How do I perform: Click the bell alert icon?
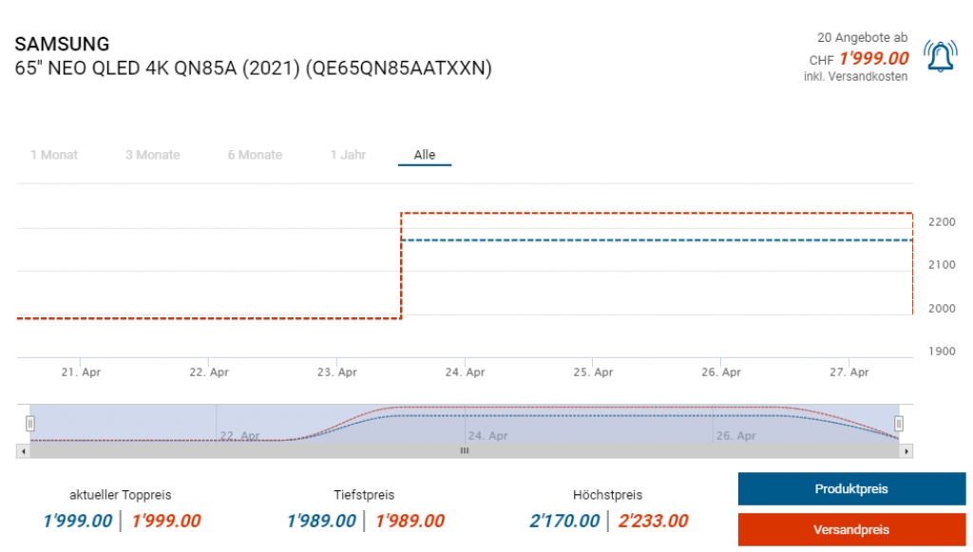tap(941, 57)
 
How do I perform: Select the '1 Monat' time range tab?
tap(54, 155)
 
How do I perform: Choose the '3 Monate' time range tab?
tap(152, 155)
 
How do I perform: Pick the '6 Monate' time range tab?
tap(255, 155)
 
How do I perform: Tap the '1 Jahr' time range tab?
tap(348, 155)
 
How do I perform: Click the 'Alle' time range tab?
tap(425, 155)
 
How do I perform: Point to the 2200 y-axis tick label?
tap(942, 221)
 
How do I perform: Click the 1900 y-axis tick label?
tap(942, 352)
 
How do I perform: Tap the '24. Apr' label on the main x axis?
tap(466, 372)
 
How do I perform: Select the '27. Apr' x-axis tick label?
tap(849, 372)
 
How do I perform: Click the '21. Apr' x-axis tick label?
tap(81, 372)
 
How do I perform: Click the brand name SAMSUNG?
tap(62, 44)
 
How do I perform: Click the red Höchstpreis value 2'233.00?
tap(653, 521)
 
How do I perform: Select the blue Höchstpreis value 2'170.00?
tap(564, 521)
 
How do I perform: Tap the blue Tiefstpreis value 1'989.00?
tap(321, 521)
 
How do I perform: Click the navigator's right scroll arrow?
tap(906, 451)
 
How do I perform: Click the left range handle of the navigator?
tap(30, 423)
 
